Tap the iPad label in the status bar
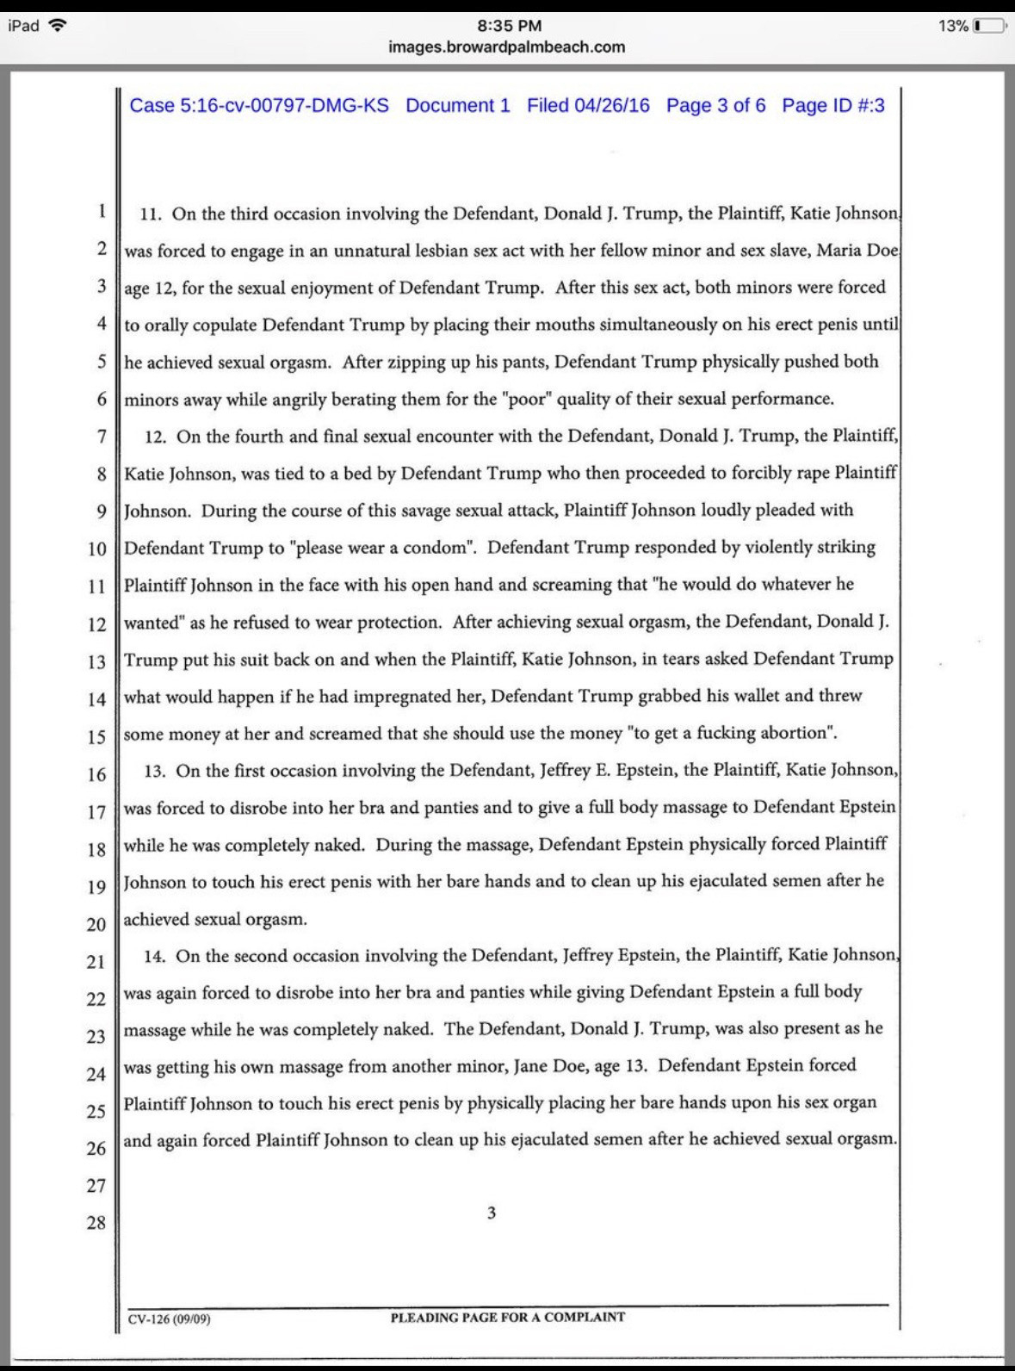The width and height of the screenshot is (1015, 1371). pyautogui.click(x=23, y=26)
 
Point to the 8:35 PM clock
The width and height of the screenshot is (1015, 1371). pyautogui.click(x=508, y=26)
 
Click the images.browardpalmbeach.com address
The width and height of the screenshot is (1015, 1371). pyautogui.click(x=507, y=47)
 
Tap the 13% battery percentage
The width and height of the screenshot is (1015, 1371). pyautogui.click(x=953, y=26)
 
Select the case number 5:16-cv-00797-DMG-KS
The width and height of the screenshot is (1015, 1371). pyautogui.click(x=259, y=106)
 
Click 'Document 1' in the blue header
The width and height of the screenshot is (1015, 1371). pyautogui.click(x=458, y=106)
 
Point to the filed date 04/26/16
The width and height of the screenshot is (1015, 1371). pyautogui.click(x=588, y=106)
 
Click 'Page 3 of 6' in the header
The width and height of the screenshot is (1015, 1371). pyautogui.click(x=715, y=106)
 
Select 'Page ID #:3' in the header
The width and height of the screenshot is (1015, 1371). pyautogui.click(x=833, y=106)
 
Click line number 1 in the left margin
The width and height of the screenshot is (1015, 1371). pyautogui.click(x=102, y=211)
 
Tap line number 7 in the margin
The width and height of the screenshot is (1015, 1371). pyautogui.click(x=102, y=437)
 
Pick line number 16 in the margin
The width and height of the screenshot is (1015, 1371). pyautogui.click(x=96, y=774)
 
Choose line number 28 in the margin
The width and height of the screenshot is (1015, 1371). pyautogui.click(x=96, y=1222)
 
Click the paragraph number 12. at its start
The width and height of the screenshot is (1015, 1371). pyautogui.click(x=155, y=437)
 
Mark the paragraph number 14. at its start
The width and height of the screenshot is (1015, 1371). pyautogui.click(x=155, y=956)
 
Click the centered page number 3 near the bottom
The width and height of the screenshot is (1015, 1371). pyautogui.click(x=492, y=1213)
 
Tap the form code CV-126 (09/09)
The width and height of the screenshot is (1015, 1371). pyautogui.click(x=170, y=1318)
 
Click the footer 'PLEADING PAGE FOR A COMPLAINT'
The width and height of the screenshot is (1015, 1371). pyautogui.click(x=508, y=1317)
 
